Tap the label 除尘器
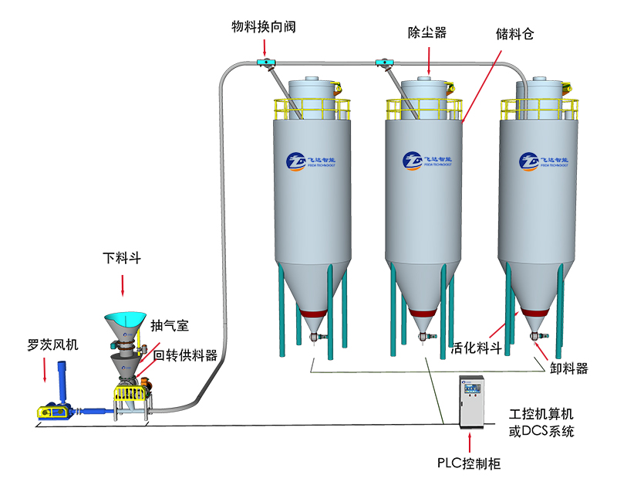pos(427,32)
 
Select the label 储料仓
pos(516,35)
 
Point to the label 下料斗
pos(123,256)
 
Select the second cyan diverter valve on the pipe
pos(381,61)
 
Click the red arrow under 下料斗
pos(123,287)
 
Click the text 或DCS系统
pos(541,433)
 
